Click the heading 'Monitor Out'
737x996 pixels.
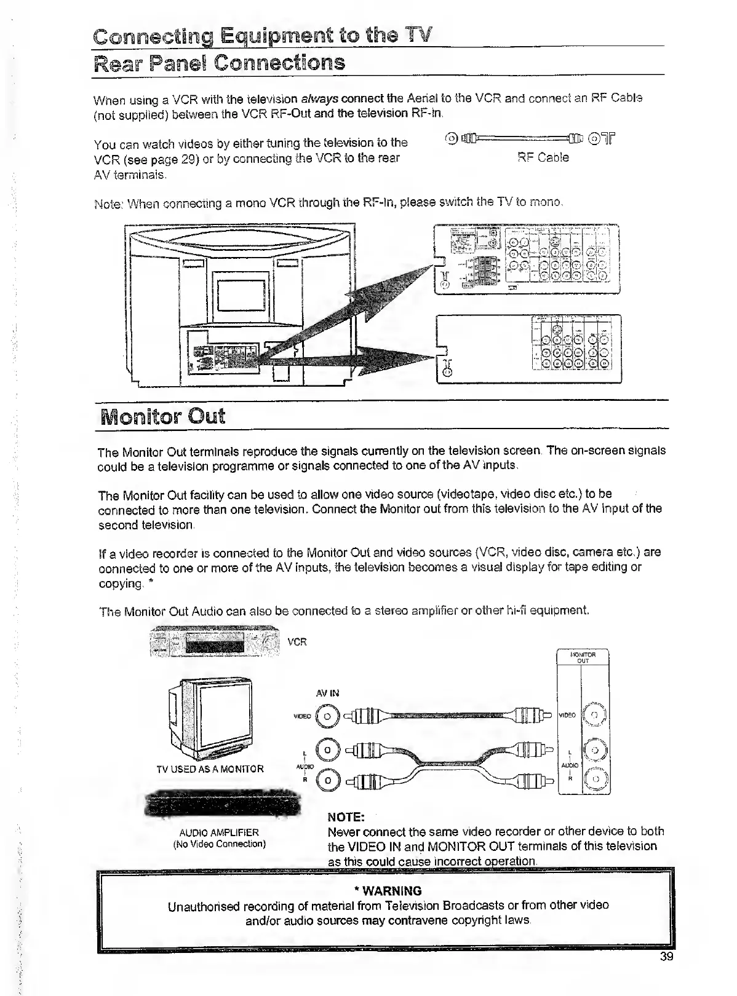click(163, 416)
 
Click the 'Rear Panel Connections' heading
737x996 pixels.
click(219, 63)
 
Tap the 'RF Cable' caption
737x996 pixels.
click(543, 157)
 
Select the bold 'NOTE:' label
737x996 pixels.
click(347, 817)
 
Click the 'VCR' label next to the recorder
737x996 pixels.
click(297, 642)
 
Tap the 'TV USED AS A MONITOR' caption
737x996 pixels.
click(210, 769)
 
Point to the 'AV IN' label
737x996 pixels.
click(327, 693)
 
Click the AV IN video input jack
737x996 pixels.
click(328, 716)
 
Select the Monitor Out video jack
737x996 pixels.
click(594, 715)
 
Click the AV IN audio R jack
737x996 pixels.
click(328, 781)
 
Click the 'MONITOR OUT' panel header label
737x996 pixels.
click(583, 658)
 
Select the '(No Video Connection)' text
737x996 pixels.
click(219, 844)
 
